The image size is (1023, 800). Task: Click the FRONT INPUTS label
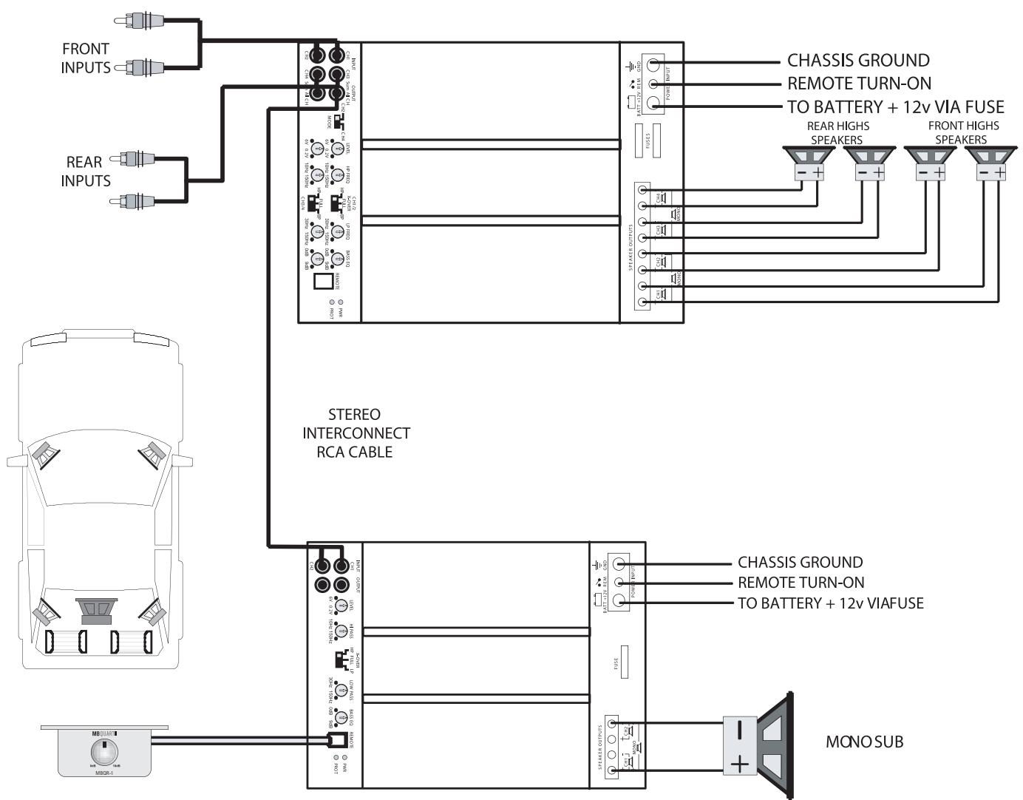85,58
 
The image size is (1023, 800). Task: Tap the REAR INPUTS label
85,171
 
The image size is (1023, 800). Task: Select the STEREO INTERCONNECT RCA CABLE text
355,433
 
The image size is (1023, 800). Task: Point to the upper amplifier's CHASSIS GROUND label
857,61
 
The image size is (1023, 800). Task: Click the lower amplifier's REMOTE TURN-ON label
801,583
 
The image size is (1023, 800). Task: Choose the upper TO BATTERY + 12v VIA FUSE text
895,106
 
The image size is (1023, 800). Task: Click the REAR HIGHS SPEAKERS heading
837,132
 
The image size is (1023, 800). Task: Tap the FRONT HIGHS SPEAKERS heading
962,132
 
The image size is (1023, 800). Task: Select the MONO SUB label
864,742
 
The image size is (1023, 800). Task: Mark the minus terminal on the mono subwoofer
739,730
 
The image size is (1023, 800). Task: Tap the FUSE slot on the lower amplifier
624,662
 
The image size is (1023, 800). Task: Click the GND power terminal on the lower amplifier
620,563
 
